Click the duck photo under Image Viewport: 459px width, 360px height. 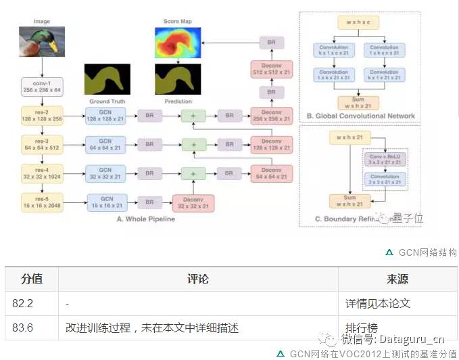(41, 41)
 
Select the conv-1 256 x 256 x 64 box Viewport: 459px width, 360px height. (41, 87)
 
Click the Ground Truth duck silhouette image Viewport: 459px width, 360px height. (107, 79)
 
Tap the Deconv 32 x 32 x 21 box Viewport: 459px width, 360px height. (193, 202)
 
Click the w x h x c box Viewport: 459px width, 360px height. (358, 22)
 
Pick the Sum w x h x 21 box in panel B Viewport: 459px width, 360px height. (358, 102)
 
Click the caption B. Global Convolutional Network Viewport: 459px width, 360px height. (361, 116)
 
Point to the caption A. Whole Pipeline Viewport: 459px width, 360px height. (146, 219)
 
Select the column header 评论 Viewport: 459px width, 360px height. (197, 279)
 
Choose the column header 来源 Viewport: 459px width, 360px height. (397, 279)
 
